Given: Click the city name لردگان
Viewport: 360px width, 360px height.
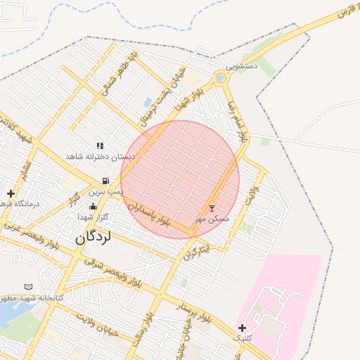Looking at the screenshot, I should pyautogui.click(x=94, y=238).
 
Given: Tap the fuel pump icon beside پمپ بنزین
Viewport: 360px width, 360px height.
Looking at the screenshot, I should pyautogui.click(x=105, y=181).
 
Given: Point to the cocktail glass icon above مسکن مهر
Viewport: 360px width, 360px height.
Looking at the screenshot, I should pyautogui.click(x=212, y=209).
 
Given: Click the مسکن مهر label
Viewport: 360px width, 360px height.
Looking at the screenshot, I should pyautogui.click(x=213, y=219).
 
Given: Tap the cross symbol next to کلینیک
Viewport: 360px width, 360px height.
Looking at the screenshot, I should pyautogui.click(x=243, y=328).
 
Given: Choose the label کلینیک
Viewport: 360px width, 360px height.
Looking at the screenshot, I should pyautogui.click(x=243, y=338).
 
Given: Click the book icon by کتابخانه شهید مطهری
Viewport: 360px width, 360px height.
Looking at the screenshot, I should pyautogui.click(x=29, y=287).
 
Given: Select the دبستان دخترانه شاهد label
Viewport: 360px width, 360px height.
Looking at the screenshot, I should pyautogui.click(x=99, y=156).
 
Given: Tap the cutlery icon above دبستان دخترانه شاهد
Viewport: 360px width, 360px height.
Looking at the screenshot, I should pyautogui.click(x=100, y=146).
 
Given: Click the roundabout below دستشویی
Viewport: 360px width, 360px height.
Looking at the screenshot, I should pyautogui.click(x=221, y=77).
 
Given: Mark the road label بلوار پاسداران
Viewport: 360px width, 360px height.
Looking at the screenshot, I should pyautogui.click(x=148, y=214).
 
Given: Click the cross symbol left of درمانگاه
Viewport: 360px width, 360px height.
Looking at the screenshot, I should pyautogui.click(x=11, y=193).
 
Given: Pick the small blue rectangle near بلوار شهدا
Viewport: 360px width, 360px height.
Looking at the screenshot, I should pyautogui.click(x=148, y=103).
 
